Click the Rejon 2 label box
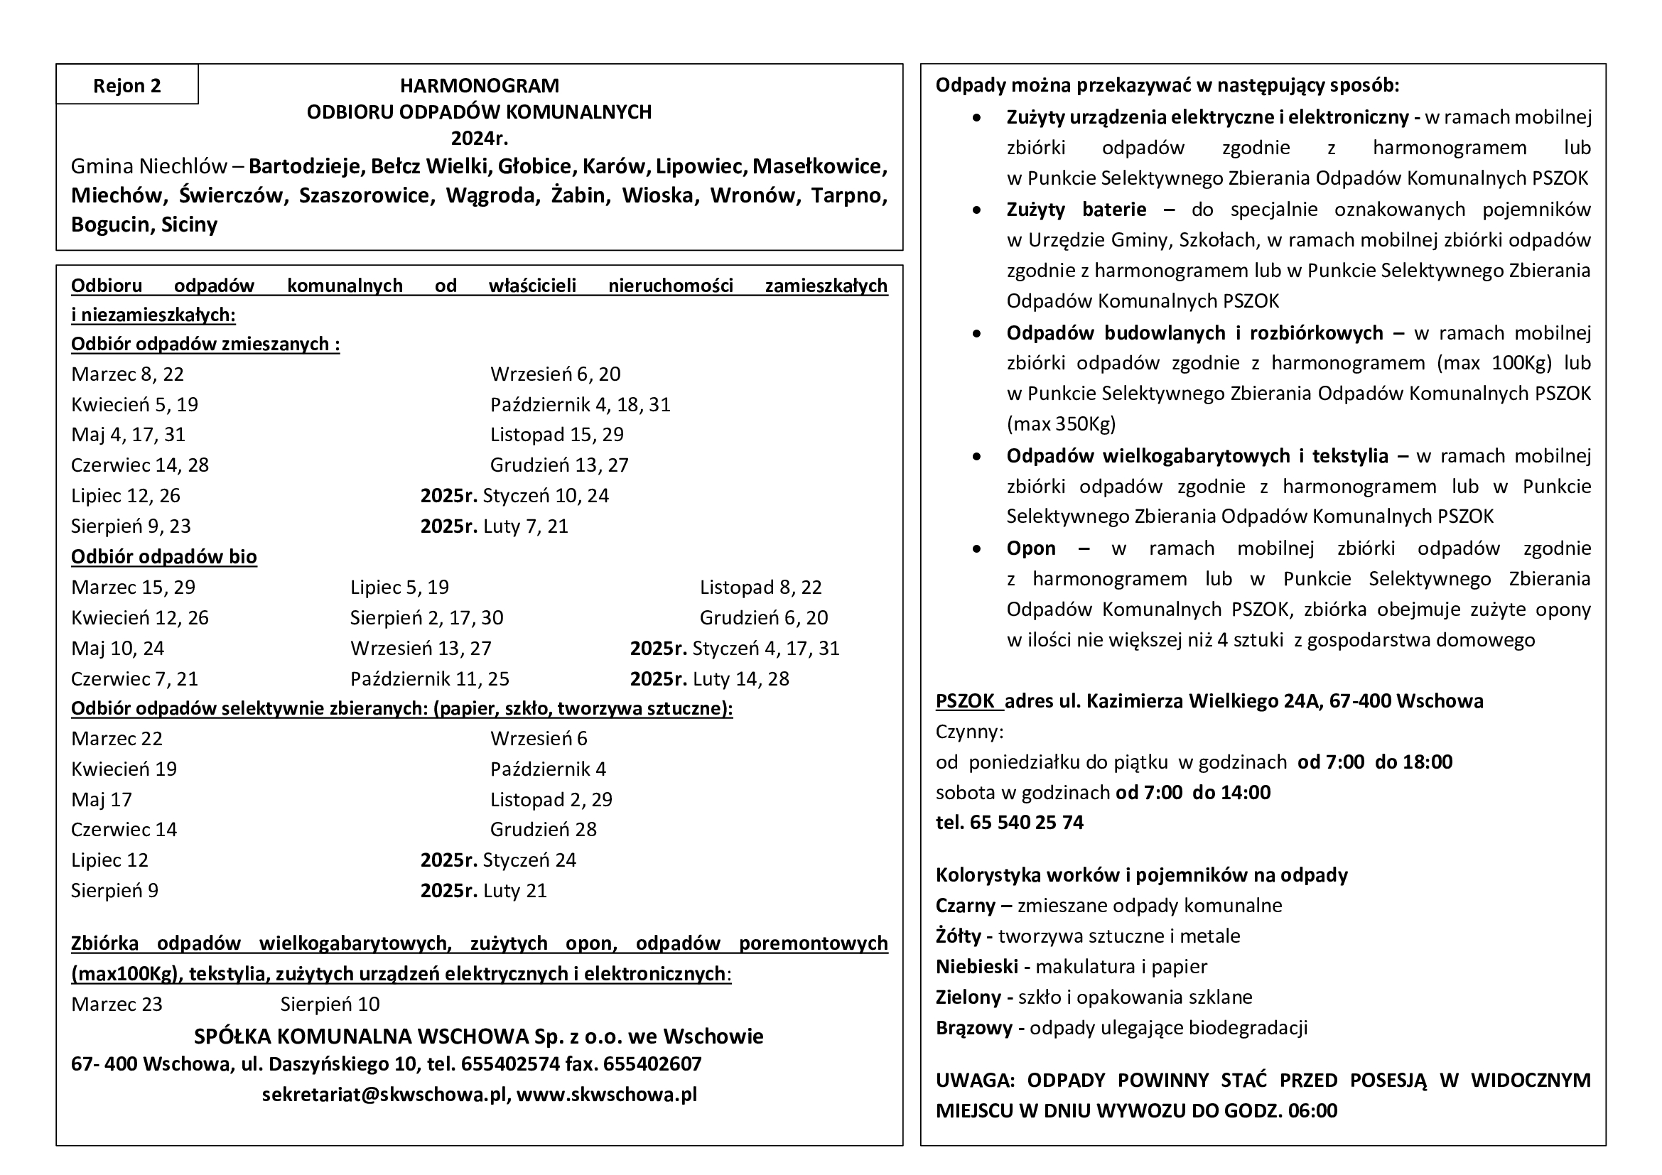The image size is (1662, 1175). [126, 85]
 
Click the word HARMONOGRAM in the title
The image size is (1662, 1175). [479, 85]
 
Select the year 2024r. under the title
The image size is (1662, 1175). [479, 138]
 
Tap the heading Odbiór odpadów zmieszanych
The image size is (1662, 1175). [205, 344]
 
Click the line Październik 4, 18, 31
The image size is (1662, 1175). [580, 404]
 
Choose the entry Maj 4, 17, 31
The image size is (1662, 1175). [128, 435]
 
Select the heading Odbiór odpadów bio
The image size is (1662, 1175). [163, 556]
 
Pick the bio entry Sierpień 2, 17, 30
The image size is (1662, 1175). [426, 618]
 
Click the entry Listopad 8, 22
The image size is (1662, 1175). [760, 587]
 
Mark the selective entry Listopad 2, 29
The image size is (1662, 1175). [551, 799]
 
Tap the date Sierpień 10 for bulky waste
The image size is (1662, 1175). [330, 1005]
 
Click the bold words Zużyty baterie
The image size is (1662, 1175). [1076, 210]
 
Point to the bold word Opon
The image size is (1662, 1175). [1031, 548]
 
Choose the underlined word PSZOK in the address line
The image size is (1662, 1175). [965, 701]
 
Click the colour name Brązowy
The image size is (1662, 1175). [973, 1028]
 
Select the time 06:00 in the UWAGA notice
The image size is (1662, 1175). [1312, 1110]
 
